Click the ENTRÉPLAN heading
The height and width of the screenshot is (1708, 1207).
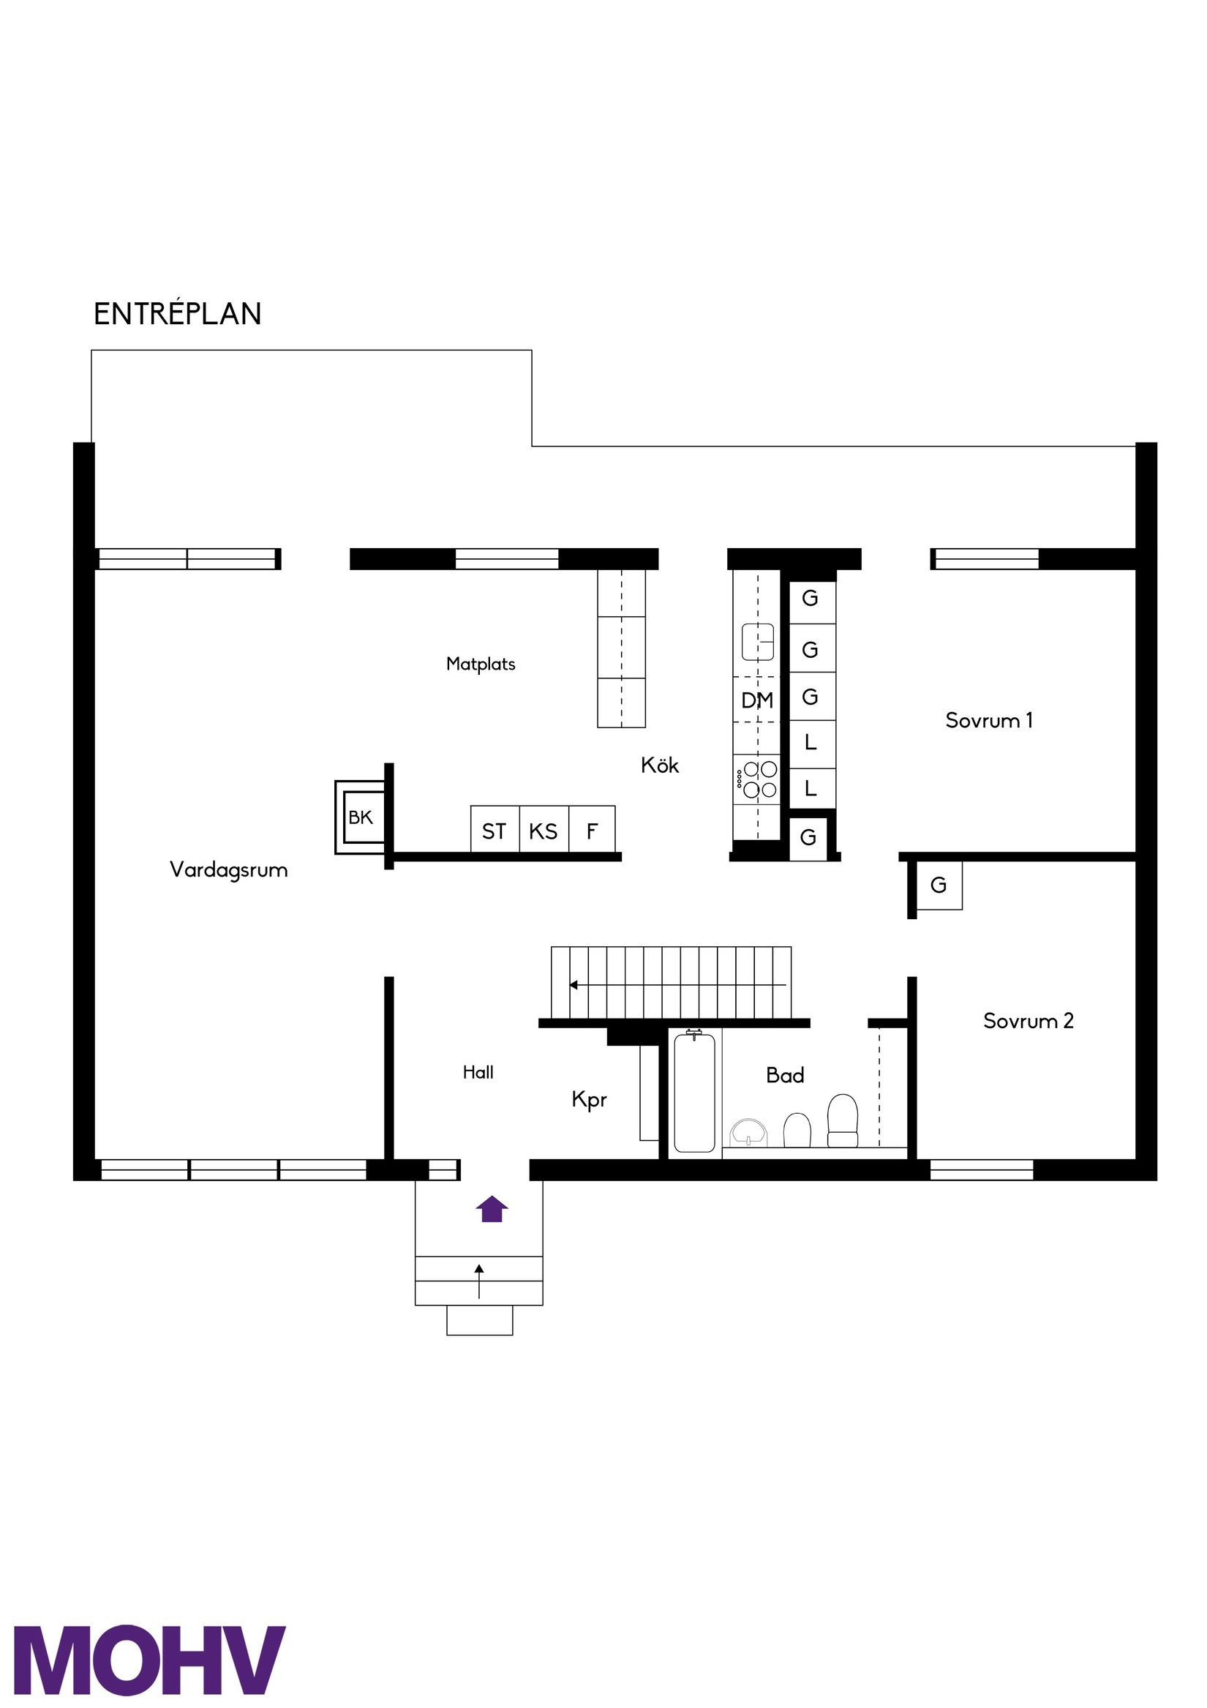click(177, 314)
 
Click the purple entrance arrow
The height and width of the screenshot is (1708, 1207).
click(492, 1209)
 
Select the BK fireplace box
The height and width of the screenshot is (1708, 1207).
click(361, 817)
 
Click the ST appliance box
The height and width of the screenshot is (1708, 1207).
click(494, 830)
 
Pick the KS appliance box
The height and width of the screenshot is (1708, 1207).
click(543, 830)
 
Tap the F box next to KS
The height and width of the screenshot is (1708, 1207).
click(592, 830)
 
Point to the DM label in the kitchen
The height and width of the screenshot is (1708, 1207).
click(757, 700)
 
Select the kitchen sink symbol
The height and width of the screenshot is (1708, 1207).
click(757, 641)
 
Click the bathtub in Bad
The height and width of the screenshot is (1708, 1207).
click(694, 1093)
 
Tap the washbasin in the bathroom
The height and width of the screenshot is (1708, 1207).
click(748, 1131)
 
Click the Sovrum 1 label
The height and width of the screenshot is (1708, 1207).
click(988, 720)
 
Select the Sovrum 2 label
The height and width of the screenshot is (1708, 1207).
click(1028, 1021)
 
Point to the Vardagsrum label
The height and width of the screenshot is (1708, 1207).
click(228, 869)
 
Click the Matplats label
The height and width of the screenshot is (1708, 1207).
click(481, 664)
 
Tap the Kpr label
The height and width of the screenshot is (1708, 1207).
click(589, 1099)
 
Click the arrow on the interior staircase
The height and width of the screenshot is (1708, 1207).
click(574, 985)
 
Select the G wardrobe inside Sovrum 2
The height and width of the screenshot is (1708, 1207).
click(938, 885)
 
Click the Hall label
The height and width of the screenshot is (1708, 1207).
click(478, 1072)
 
